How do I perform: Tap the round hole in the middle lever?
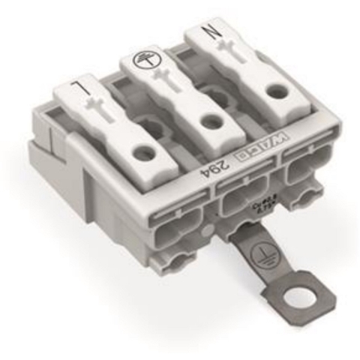[208, 123]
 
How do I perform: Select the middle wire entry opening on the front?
[238, 202]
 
